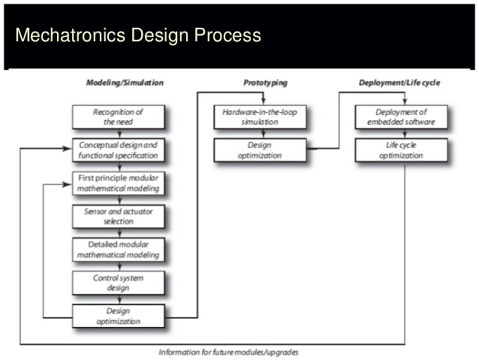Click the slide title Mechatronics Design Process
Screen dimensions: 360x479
click(x=138, y=35)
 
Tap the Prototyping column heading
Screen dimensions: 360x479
click(x=265, y=82)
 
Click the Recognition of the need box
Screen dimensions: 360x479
click(x=118, y=116)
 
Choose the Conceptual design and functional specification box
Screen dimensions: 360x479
click(x=118, y=150)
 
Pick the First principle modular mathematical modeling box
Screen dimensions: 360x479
click(x=118, y=183)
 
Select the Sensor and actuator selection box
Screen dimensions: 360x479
click(x=118, y=216)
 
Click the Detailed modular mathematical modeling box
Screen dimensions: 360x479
click(x=118, y=250)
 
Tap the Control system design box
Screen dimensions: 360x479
click(x=118, y=283)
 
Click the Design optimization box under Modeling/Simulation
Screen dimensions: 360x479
click(x=118, y=316)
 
